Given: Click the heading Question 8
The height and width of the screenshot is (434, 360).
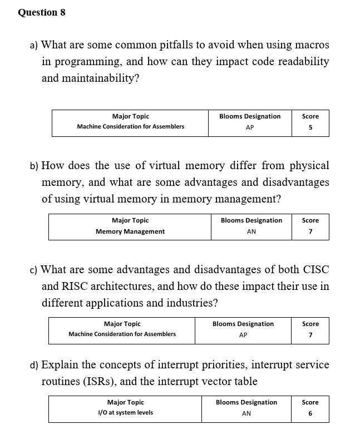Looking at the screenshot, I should pos(42,12).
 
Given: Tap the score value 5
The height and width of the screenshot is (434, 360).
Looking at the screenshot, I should pos(310,127).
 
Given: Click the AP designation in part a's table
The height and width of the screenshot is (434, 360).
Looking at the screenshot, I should pos(250,127).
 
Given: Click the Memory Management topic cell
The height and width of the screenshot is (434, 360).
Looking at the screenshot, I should pos(130,231).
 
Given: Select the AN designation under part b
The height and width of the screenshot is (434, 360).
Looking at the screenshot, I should pos(251,231).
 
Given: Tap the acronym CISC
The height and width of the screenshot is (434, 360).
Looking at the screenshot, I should pos(315,269).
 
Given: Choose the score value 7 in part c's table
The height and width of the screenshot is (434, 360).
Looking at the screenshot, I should pos(310,335).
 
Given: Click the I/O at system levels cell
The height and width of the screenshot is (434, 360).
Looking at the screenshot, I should pos(125,413).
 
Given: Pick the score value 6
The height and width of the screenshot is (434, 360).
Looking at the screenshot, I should pos(310,413).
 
